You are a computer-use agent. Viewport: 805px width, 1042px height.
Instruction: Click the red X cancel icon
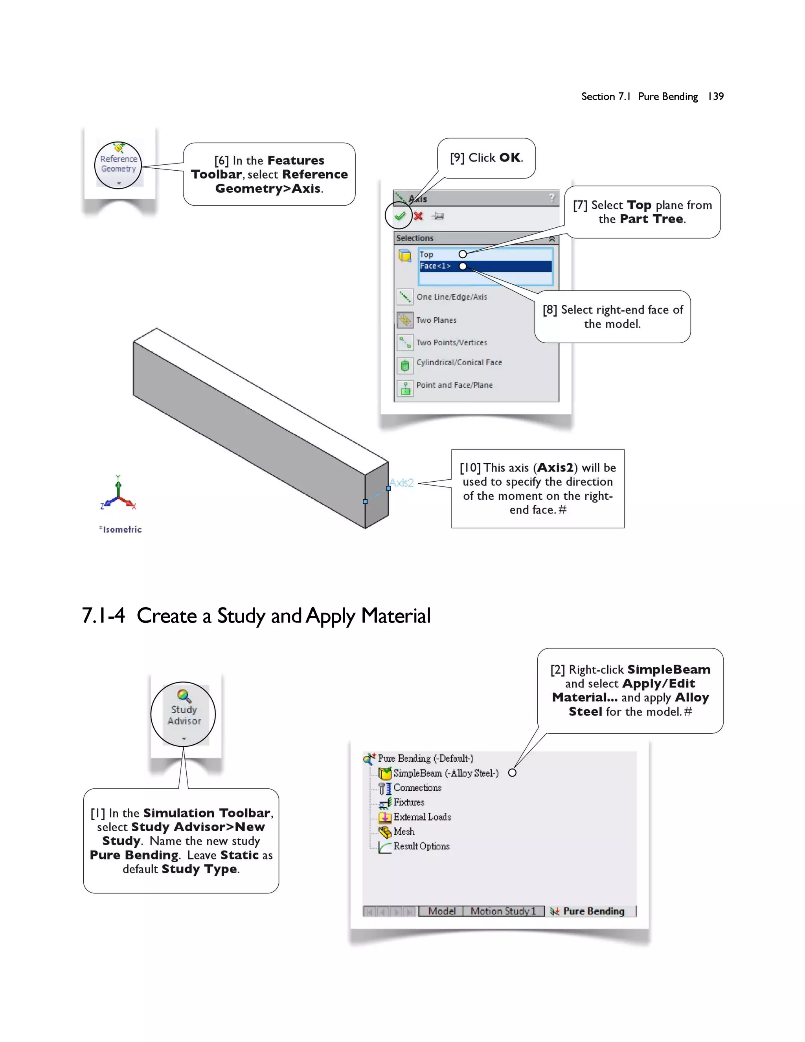[418, 216]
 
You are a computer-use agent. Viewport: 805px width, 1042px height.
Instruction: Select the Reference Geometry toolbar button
[118, 164]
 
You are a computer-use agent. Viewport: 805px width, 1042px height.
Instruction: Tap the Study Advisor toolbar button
[184, 714]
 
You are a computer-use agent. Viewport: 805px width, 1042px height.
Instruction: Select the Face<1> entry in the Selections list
[435, 266]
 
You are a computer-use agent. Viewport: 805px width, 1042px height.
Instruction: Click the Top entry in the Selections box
[426, 254]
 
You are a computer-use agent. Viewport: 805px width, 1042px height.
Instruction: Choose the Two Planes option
[436, 320]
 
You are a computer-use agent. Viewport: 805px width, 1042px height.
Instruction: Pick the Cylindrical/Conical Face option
[459, 363]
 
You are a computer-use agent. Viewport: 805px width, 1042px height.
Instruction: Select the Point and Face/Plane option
[454, 385]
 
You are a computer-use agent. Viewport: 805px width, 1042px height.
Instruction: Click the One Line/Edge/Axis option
[451, 297]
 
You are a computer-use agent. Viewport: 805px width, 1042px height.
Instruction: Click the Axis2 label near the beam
[402, 483]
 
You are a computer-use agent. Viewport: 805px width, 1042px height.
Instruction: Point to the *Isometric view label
[120, 530]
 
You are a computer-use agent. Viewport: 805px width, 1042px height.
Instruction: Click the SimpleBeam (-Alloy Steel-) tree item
[445, 773]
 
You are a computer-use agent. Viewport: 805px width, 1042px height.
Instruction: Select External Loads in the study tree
[422, 817]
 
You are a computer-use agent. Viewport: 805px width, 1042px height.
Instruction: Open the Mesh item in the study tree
[403, 832]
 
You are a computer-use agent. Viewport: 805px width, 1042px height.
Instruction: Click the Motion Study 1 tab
[503, 911]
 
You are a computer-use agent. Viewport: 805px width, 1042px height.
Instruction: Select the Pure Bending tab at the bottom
[593, 911]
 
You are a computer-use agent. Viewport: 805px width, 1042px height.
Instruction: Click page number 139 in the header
[715, 96]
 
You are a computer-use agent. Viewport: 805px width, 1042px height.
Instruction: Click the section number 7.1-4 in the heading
[103, 615]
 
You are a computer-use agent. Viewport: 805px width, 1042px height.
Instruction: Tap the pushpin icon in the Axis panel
[437, 216]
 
